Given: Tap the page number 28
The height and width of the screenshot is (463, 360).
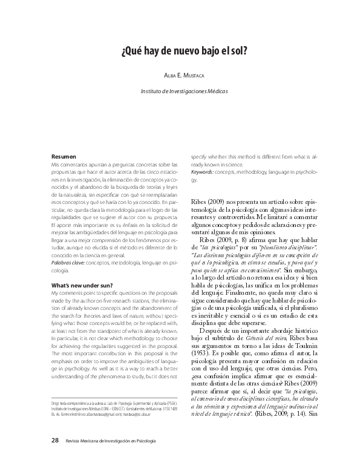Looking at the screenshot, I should pyautogui.click(x=55, y=441).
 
